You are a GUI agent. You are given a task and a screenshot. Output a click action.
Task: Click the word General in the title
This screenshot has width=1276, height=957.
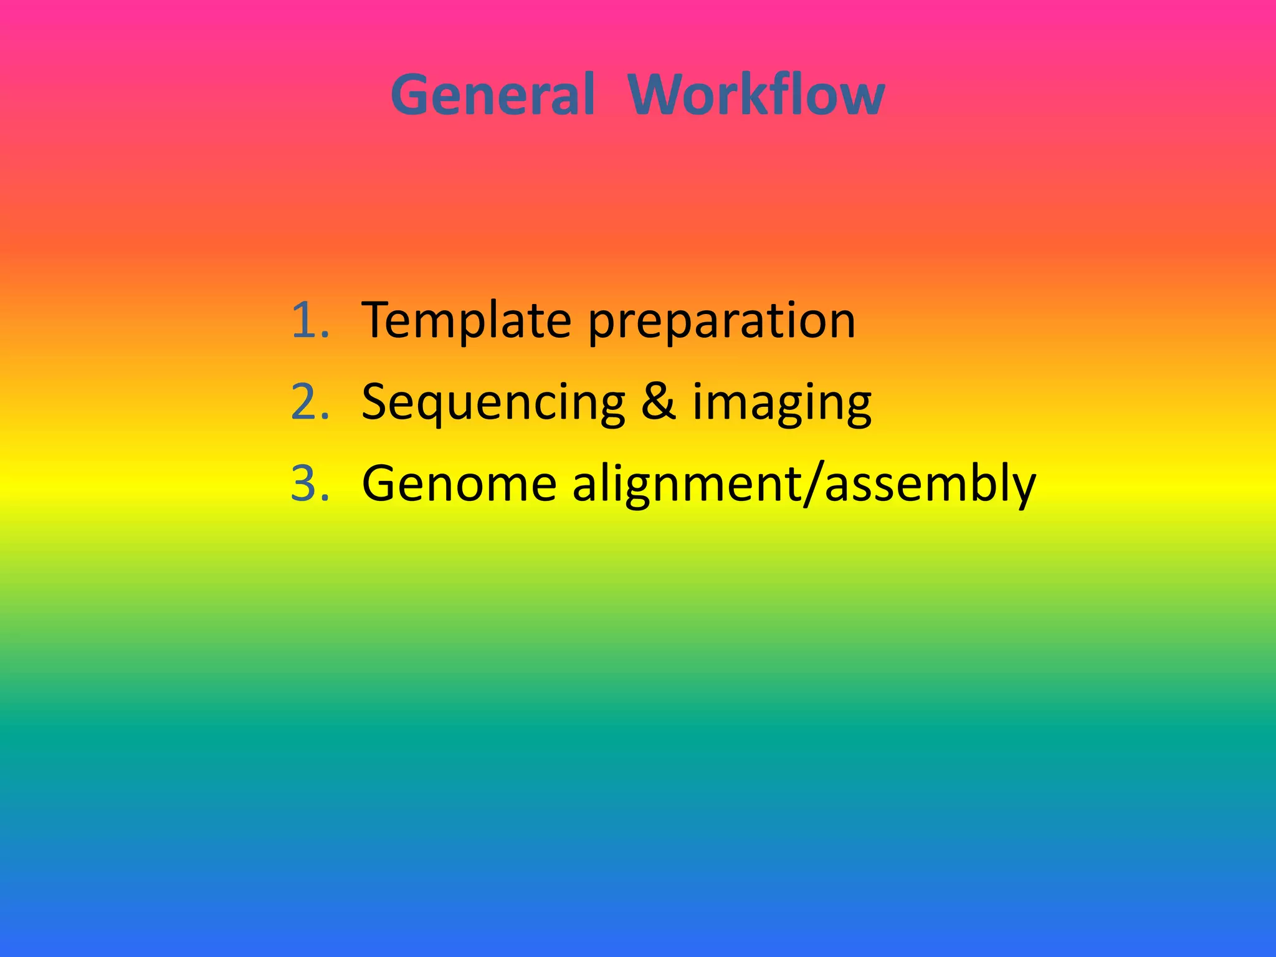(x=492, y=95)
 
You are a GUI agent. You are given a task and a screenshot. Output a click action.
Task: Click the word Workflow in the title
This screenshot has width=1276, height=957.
(x=756, y=95)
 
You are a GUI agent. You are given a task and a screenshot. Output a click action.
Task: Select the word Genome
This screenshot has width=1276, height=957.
(x=459, y=485)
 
